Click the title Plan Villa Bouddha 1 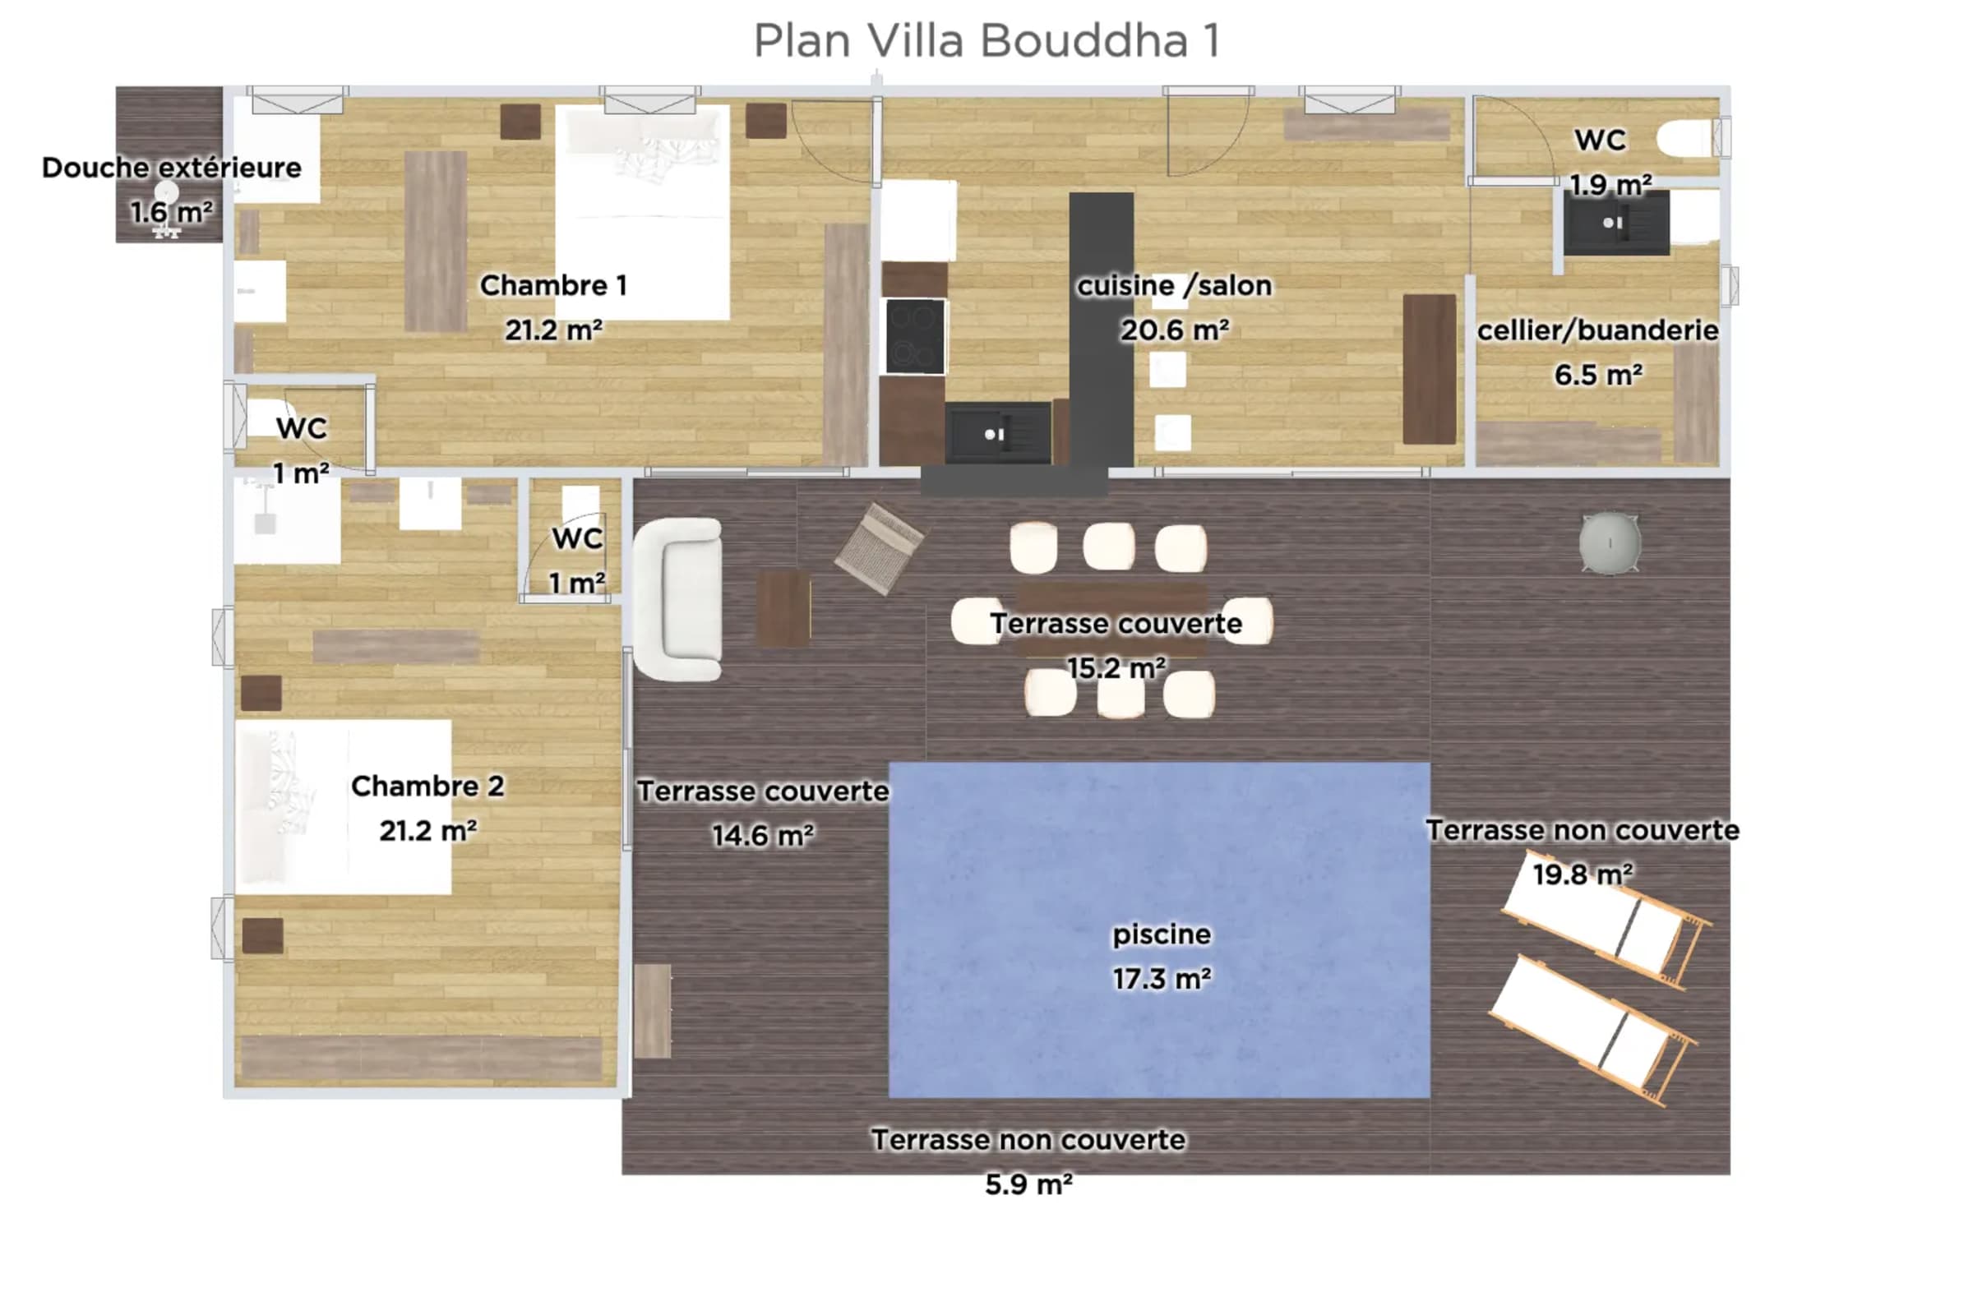[x=987, y=40]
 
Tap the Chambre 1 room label [x=553, y=285]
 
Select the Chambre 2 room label [x=427, y=786]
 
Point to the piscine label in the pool [x=1162, y=934]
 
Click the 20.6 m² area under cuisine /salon [x=1175, y=330]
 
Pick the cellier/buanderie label [x=1597, y=330]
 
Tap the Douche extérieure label [x=171, y=168]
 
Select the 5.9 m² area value [x=1028, y=1184]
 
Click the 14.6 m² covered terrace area [x=763, y=835]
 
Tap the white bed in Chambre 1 [x=643, y=212]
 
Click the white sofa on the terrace [x=677, y=599]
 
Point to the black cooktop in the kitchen [x=914, y=336]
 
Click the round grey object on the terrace [x=1610, y=543]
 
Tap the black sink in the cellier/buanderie [x=1616, y=223]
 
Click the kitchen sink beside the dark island [x=997, y=433]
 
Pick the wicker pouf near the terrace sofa [x=879, y=548]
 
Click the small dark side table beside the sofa [x=783, y=609]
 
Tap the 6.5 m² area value [x=1598, y=374]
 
